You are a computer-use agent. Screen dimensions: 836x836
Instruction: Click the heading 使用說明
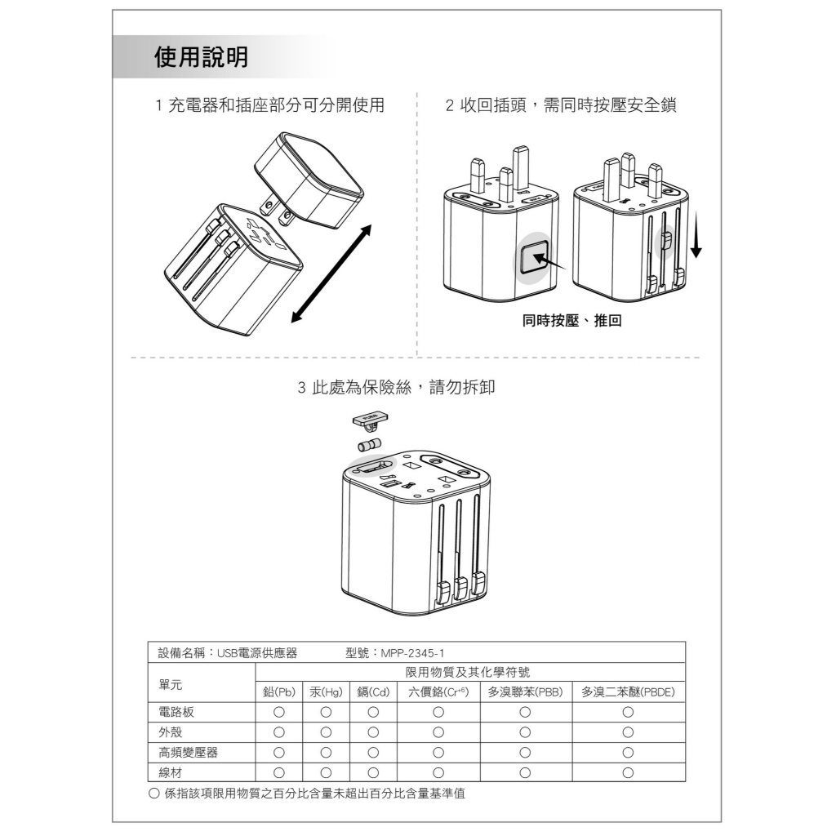[201, 57]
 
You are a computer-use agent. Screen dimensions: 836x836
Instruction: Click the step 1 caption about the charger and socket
[269, 105]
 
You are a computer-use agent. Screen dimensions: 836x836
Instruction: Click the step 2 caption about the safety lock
[561, 105]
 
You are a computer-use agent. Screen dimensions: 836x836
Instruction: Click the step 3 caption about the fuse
[396, 387]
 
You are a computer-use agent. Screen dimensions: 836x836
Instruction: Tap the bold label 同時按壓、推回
[571, 320]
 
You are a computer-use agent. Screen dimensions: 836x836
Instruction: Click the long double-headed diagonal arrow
[331, 274]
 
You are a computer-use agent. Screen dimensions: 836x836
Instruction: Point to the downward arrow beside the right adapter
[696, 234]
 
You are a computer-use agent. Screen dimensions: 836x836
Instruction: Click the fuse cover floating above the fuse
[371, 420]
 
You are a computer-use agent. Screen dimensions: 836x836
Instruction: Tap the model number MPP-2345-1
[412, 653]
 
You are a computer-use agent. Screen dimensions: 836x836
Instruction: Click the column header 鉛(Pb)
[279, 692]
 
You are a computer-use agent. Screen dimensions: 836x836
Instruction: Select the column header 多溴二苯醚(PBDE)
[628, 692]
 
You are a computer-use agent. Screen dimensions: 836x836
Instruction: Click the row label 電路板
[176, 712]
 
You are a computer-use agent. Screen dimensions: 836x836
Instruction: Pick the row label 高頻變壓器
[189, 752]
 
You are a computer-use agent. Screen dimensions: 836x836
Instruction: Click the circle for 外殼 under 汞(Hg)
[326, 732]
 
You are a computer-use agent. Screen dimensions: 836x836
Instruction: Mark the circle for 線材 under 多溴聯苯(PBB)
[525, 772]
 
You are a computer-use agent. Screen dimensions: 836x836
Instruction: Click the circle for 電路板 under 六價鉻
[438, 712]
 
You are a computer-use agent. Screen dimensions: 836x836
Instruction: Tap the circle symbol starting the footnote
[154, 794]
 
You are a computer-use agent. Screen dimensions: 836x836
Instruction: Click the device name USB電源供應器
[257, 653]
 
